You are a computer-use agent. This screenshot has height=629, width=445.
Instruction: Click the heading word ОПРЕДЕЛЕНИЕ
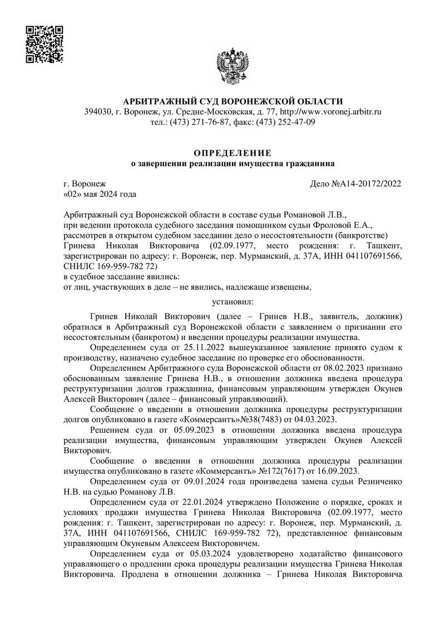coord(232,152)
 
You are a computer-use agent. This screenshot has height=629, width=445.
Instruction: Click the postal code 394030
coord(96,112)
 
